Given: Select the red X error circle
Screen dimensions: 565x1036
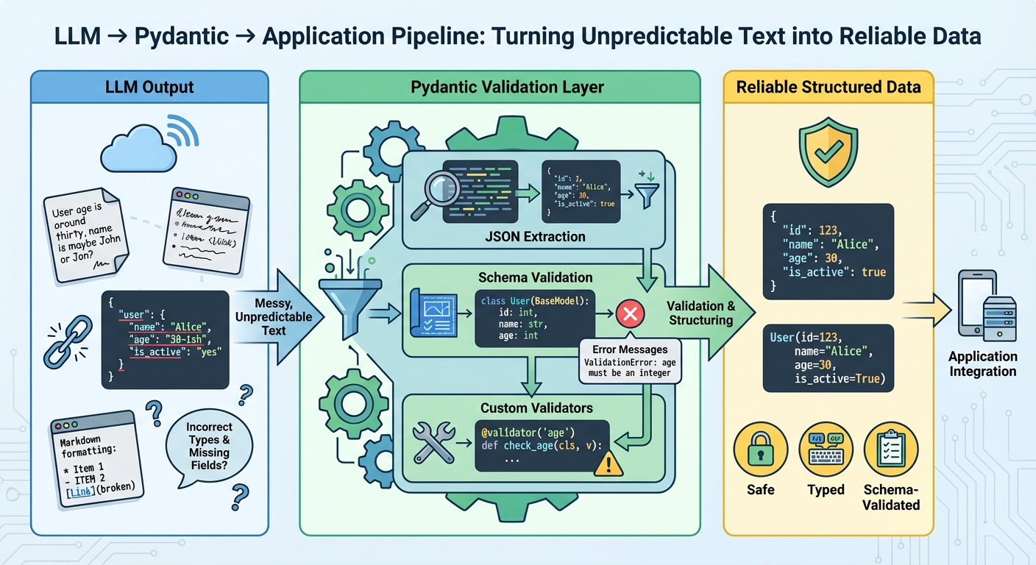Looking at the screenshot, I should (630, 314).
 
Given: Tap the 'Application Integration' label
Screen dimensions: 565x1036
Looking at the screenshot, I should (982, 363).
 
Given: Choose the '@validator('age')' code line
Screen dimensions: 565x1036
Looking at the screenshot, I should (525, 432).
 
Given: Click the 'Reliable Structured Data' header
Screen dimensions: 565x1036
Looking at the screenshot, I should (829, 88).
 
